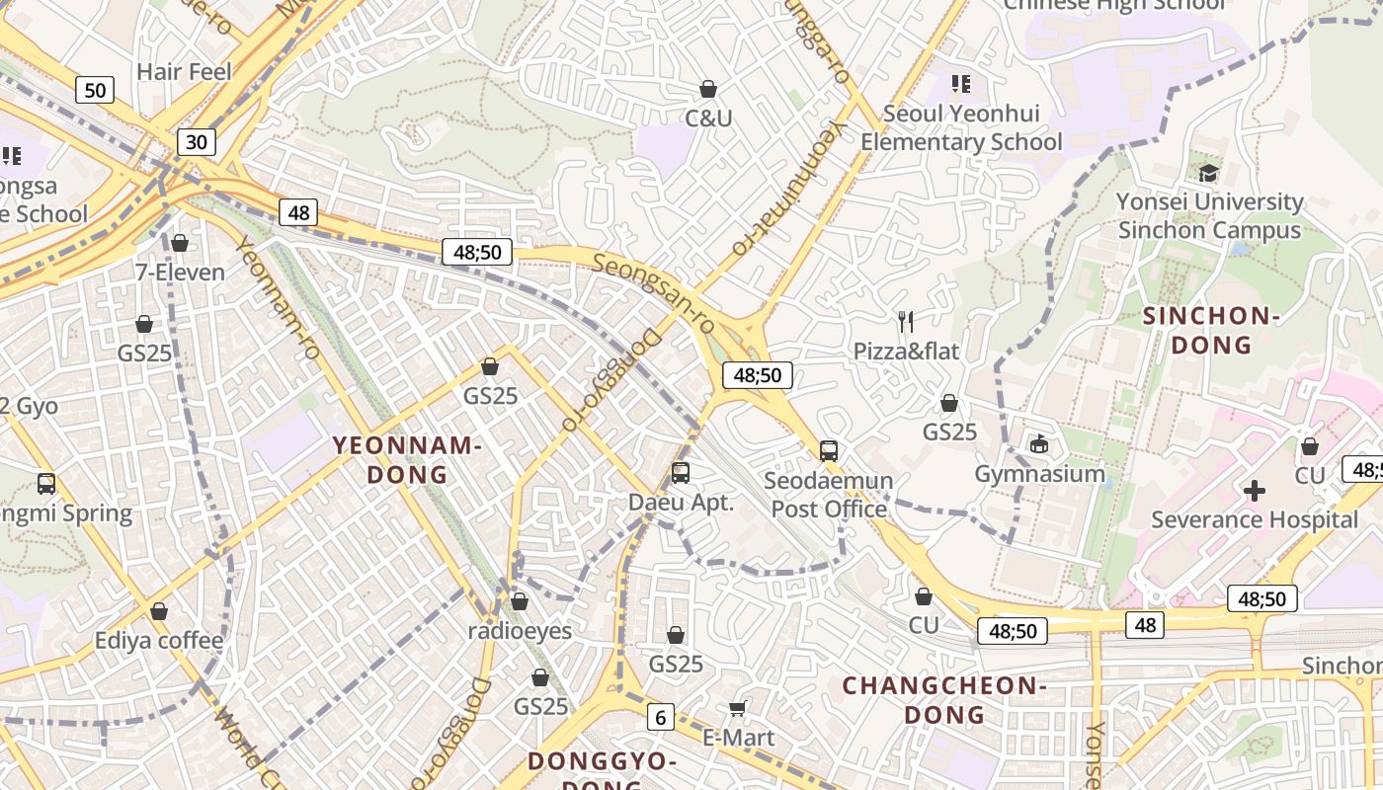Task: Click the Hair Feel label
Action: click(x=184, y=72)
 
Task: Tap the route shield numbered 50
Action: click(x=95, y=91)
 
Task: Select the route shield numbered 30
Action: click(x=197, y=142)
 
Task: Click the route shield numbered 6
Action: click(x=661, y=717)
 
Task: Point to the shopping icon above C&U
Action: click(x=708, y=90)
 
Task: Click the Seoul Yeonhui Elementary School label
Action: click(x=961, y=127)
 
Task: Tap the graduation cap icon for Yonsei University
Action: click(x=1208, y=174)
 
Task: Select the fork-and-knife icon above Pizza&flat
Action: click(x=905, y=321)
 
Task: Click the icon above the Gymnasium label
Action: click(x=1039, y=444)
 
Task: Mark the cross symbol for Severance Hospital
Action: click(x=1255, y=491)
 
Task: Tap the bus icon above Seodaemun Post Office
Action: click(x=829, y=451)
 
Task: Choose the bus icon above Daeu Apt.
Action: click(x=681, y=473)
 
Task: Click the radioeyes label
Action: click(x=520, y=630)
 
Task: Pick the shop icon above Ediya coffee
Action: click(x=159, y=612)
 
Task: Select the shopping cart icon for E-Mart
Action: click(x=737, y=708)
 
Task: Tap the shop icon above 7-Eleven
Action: click(x=180, y=243)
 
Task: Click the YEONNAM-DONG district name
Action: click(x=407, y=459)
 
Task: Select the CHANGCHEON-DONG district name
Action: click(x=944, y=699)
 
